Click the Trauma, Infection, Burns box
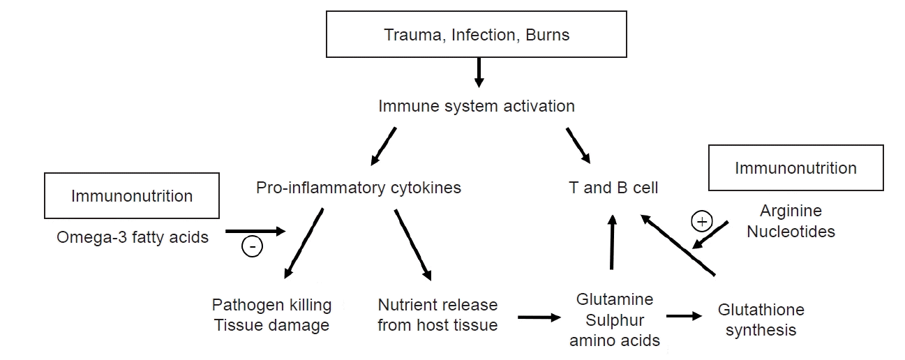pyautogui.click(x=477, y=34)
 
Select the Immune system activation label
pyautogui.click(x=477, y=106)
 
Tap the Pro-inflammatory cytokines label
pyautogui.click(x=359, y=188)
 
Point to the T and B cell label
pyautogui.click(x=613, y=188)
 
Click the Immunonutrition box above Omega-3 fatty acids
pyautogui.click(x=132, y=196)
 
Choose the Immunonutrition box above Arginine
pyautogui.click(x=795, y=168)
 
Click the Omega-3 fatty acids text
pyautogui.click(x=133, y=237)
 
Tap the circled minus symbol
pyautogui.click(x=251, y=246)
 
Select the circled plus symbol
pyautogui.click(x=701, y=222)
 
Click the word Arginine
pyautogui.click(x=791, y=211)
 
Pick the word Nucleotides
pyautogui.click(x=791, y=232)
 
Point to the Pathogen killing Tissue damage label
pyautogui.click(x=271, y=315)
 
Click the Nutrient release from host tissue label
pyautogui.click(x=437, y=315)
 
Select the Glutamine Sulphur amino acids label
pyautogui.click(x=615, y=320)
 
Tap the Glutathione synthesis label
pyautogui.click(x=761, y=320)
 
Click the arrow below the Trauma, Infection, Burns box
pyautogui.click(x=478, y=72)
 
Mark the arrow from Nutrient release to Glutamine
pyautogui.click(x=539, y=318)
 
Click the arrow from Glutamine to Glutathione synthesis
pyautogui.click(x=684, y=316)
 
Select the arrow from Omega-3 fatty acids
pyautogui.click(x=255, y=231)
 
